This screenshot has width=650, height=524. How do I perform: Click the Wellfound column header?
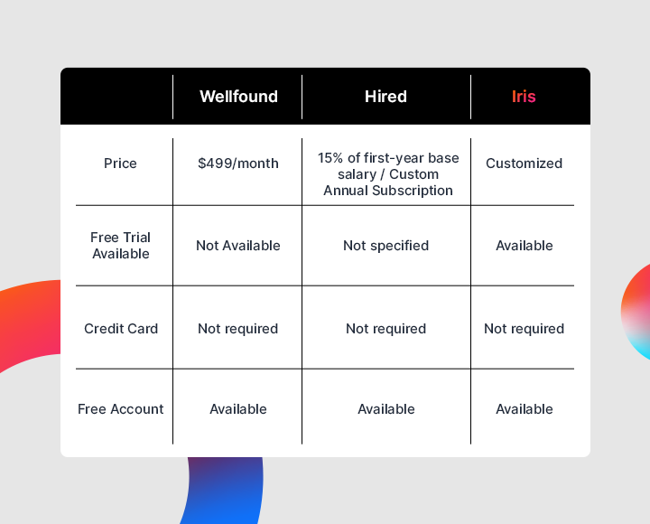238,97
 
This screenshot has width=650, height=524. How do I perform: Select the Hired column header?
385,97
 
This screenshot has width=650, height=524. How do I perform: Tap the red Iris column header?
524,97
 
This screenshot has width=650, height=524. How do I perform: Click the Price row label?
120,164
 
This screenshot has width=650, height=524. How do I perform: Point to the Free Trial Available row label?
120,246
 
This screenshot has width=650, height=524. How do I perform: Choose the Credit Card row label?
121,329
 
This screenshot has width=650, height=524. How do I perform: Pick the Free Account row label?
121,409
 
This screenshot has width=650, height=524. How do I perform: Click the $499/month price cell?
238,164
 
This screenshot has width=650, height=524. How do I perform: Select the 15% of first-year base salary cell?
388,174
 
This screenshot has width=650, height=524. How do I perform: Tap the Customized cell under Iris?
524,164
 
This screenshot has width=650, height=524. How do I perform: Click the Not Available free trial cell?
238,246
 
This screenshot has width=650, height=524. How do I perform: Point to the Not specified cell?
385,246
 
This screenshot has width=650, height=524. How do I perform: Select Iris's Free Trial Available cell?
524,246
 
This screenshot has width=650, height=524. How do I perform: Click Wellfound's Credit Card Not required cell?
237,329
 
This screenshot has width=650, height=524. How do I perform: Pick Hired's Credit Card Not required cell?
385,329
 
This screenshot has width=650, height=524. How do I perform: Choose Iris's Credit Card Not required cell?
524,329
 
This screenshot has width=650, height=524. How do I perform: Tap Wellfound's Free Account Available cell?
238,409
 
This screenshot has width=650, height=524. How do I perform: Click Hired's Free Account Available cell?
385,409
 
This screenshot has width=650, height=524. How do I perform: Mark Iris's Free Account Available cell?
524,409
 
